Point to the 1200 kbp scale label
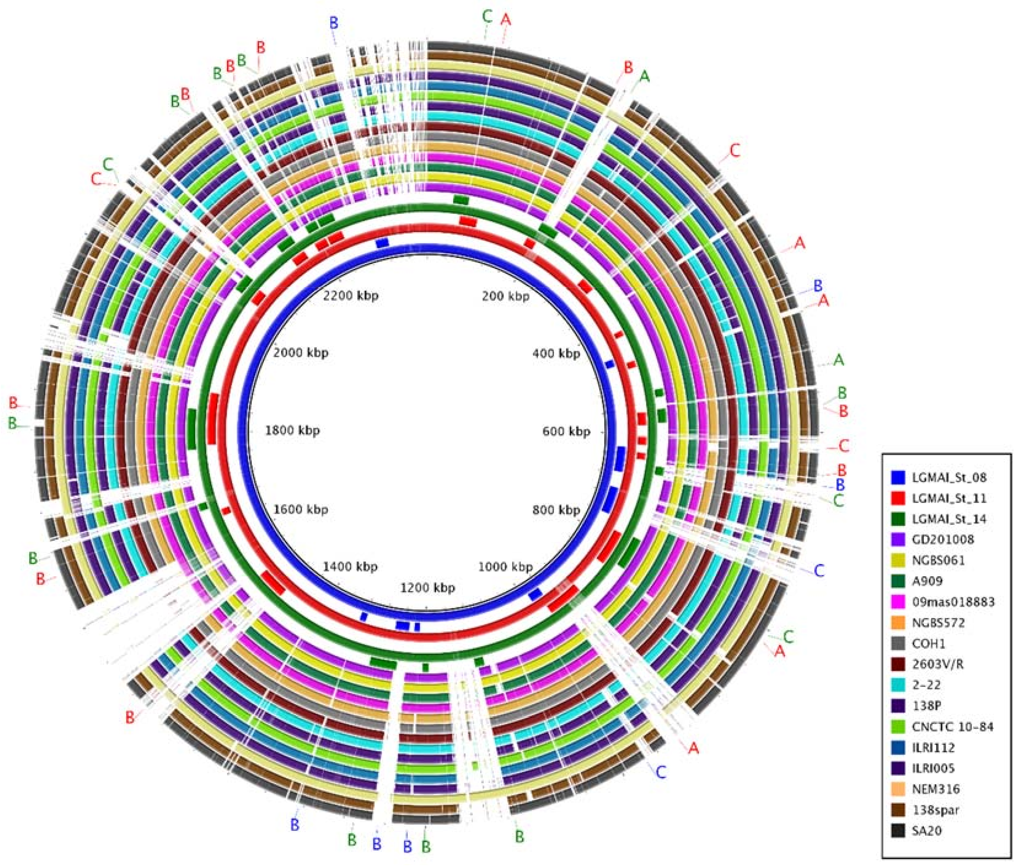[x=427, y=588]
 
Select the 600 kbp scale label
[x=566, y=431]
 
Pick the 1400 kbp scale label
[x=350, y=566]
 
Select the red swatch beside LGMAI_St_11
[x=898, y=498]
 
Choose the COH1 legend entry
[x=928, y=644]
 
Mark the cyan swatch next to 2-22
[x=898, y=685]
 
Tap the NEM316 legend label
[x=935, y=789]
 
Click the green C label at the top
[x=487, y=17]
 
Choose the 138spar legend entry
[x=935, y=810]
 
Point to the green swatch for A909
[x=898, y=581]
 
